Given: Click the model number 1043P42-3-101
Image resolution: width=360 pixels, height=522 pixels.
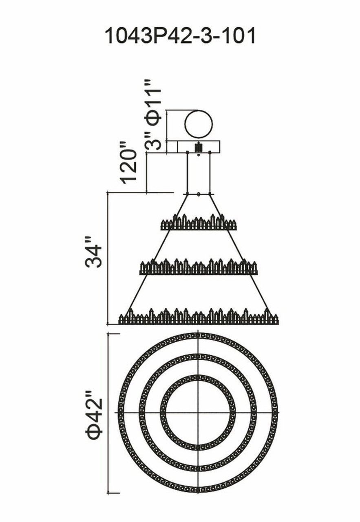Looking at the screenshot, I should (180, 36).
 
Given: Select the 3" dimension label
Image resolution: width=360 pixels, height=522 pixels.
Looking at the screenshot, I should (154, 145).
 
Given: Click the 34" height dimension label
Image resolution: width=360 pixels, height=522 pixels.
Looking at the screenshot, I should (93, 256).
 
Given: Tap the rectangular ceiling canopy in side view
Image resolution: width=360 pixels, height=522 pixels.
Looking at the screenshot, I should (179, 146).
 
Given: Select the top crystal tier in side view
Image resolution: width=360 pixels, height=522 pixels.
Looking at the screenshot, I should (199, 223).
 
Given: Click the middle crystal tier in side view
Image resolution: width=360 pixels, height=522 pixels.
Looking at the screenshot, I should (199, 268).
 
